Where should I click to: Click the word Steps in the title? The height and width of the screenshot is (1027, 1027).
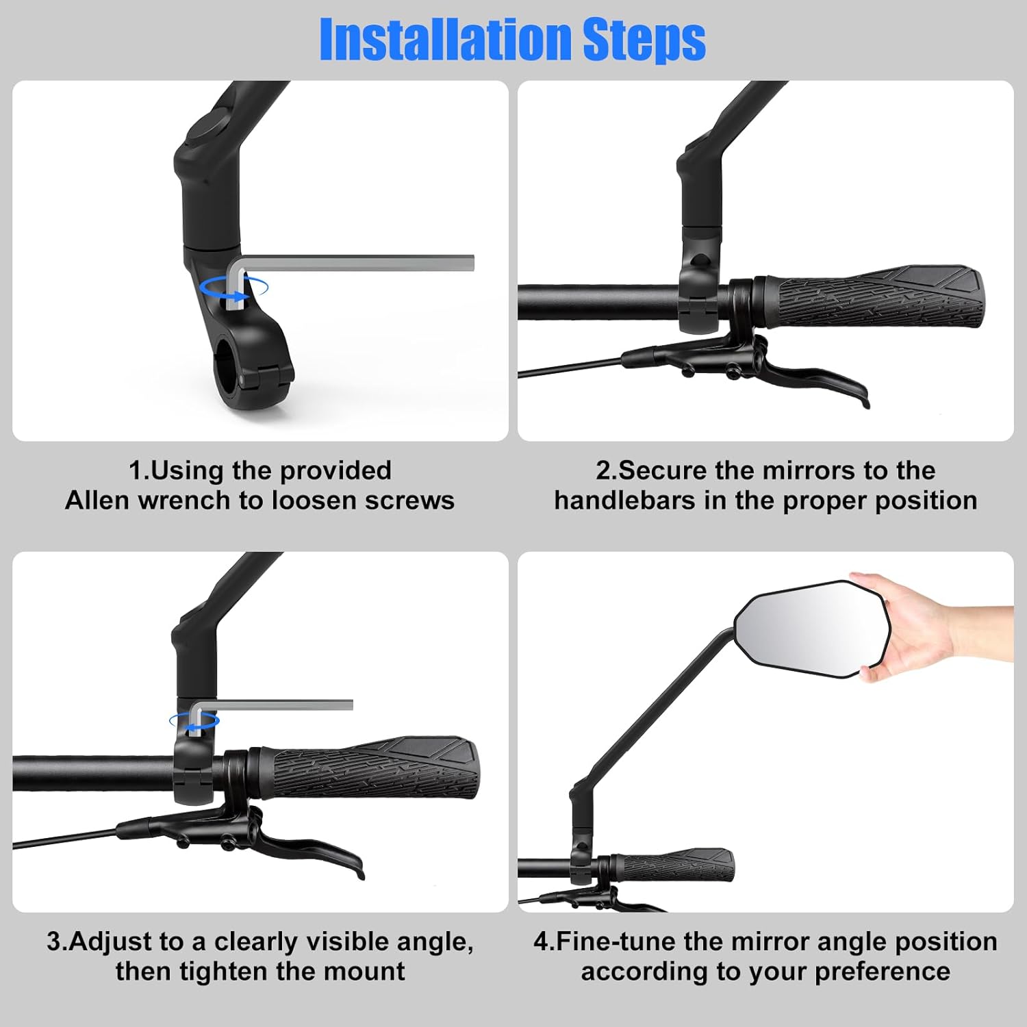tap(644, 40)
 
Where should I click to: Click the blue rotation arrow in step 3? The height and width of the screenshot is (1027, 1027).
tap(194, 721)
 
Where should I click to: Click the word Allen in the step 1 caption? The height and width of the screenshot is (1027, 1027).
tap(98, 500)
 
